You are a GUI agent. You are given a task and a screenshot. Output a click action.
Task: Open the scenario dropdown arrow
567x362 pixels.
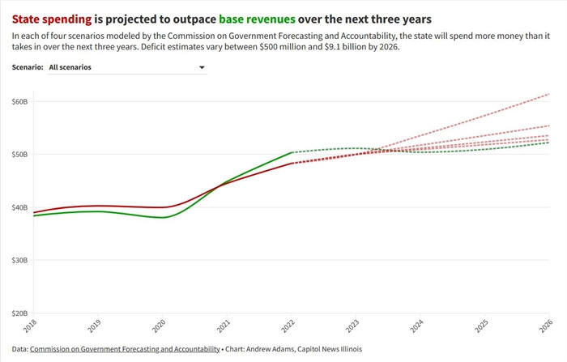(x=202, y=68)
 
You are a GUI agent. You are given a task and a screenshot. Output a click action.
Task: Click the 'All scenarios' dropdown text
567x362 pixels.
(x=70, y=67)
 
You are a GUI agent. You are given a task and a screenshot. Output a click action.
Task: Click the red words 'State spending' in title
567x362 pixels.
(x=52, y=18)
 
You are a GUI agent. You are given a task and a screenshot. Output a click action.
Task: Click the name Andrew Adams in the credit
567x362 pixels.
(x=271, y=349)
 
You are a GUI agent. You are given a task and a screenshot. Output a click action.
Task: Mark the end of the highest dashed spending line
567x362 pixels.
(x=549, y=94)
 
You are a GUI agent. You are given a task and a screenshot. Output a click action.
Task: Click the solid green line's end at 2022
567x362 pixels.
(x=291, y=152)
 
